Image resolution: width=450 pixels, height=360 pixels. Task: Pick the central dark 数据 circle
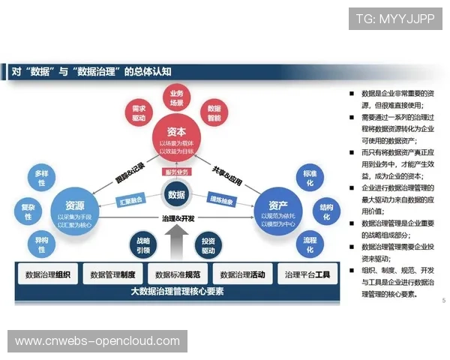(177, 195)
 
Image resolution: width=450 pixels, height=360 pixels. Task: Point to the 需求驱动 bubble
(139, 113)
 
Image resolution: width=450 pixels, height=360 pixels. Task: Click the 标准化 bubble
(308, 178)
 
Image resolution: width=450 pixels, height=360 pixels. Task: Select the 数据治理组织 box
(47, 274)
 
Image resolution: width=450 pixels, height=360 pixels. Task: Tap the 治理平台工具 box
(307, 274)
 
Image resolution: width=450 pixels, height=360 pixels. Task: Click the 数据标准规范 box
(178, 274)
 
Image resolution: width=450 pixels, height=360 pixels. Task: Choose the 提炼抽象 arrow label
(222, 200)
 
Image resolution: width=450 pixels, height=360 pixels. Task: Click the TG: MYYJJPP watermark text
(394, 19)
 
